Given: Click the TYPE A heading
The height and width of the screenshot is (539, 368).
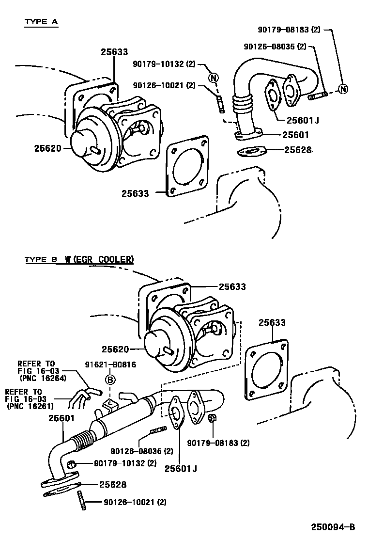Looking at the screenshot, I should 41,22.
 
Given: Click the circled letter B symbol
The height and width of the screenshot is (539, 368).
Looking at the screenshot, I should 110,380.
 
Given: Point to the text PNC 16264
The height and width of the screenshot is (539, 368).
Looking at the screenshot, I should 43,378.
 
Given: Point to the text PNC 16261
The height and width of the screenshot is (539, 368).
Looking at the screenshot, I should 31,406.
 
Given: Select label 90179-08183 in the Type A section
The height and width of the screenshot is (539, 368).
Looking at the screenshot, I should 290,30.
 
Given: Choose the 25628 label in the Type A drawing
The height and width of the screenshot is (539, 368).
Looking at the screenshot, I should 297,150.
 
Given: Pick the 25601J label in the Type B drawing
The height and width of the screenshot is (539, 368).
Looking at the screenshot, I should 181,468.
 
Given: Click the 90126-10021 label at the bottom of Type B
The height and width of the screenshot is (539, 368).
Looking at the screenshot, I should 128,503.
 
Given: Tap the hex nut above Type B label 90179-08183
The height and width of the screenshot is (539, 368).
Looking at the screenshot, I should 212,418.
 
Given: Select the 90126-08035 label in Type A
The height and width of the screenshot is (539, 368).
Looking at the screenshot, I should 275,47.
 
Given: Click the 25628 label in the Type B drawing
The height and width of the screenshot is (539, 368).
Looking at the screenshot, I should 113,484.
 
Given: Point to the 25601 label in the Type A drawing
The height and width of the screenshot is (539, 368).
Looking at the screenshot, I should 297,135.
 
